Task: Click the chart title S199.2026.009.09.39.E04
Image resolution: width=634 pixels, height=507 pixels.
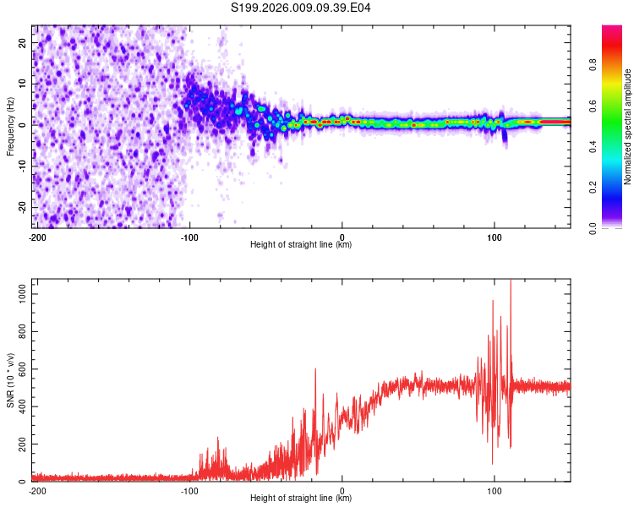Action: click(x=302, y=8)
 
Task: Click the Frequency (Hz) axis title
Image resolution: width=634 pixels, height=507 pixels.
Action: click(x=11, y=127)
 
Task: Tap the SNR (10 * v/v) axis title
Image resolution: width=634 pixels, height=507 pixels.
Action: click(x=11, y=380)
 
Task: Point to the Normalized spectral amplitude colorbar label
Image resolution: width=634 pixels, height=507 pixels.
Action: click(x=627, y=127)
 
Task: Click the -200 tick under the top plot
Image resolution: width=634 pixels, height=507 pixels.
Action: click(x=37, y=237)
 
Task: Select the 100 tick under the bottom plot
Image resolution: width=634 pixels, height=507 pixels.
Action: click(x=495, y=490)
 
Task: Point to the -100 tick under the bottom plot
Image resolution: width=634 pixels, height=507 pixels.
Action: click(x=189, y=490)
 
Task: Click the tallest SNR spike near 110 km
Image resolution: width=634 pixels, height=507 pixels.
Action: click(x=510, y=281)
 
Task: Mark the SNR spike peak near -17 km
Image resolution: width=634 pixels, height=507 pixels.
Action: click(x=315, y=369)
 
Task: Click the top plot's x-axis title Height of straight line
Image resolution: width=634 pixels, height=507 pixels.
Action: click(x=301, y=245)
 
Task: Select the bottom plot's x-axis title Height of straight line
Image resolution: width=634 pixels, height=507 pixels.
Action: click(x=301, y=499)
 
